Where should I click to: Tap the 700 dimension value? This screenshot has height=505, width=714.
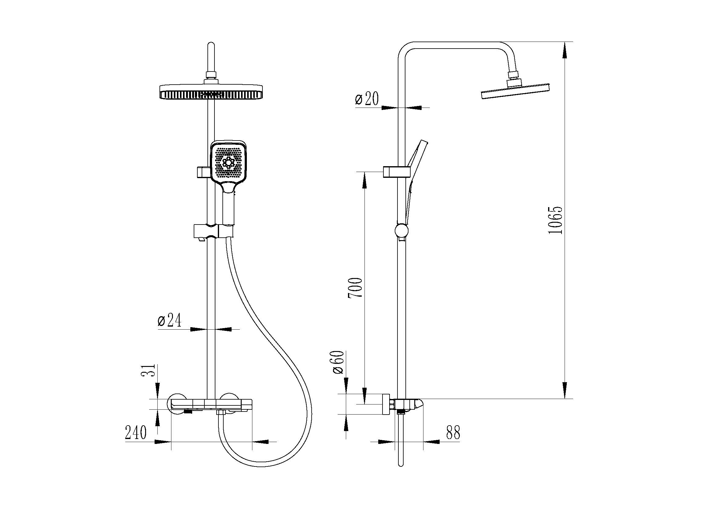click(x=355, y=288)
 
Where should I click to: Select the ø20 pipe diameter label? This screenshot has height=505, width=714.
click(x=367, y=99)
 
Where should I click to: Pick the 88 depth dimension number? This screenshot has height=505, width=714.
click(x=453, y=432)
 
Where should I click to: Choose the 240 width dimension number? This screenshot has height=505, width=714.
click(x=136, y=433)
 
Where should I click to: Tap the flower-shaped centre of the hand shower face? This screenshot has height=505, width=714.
click(x=229, y=163)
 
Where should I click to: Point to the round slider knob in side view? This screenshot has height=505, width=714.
click(x=402, y=231)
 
